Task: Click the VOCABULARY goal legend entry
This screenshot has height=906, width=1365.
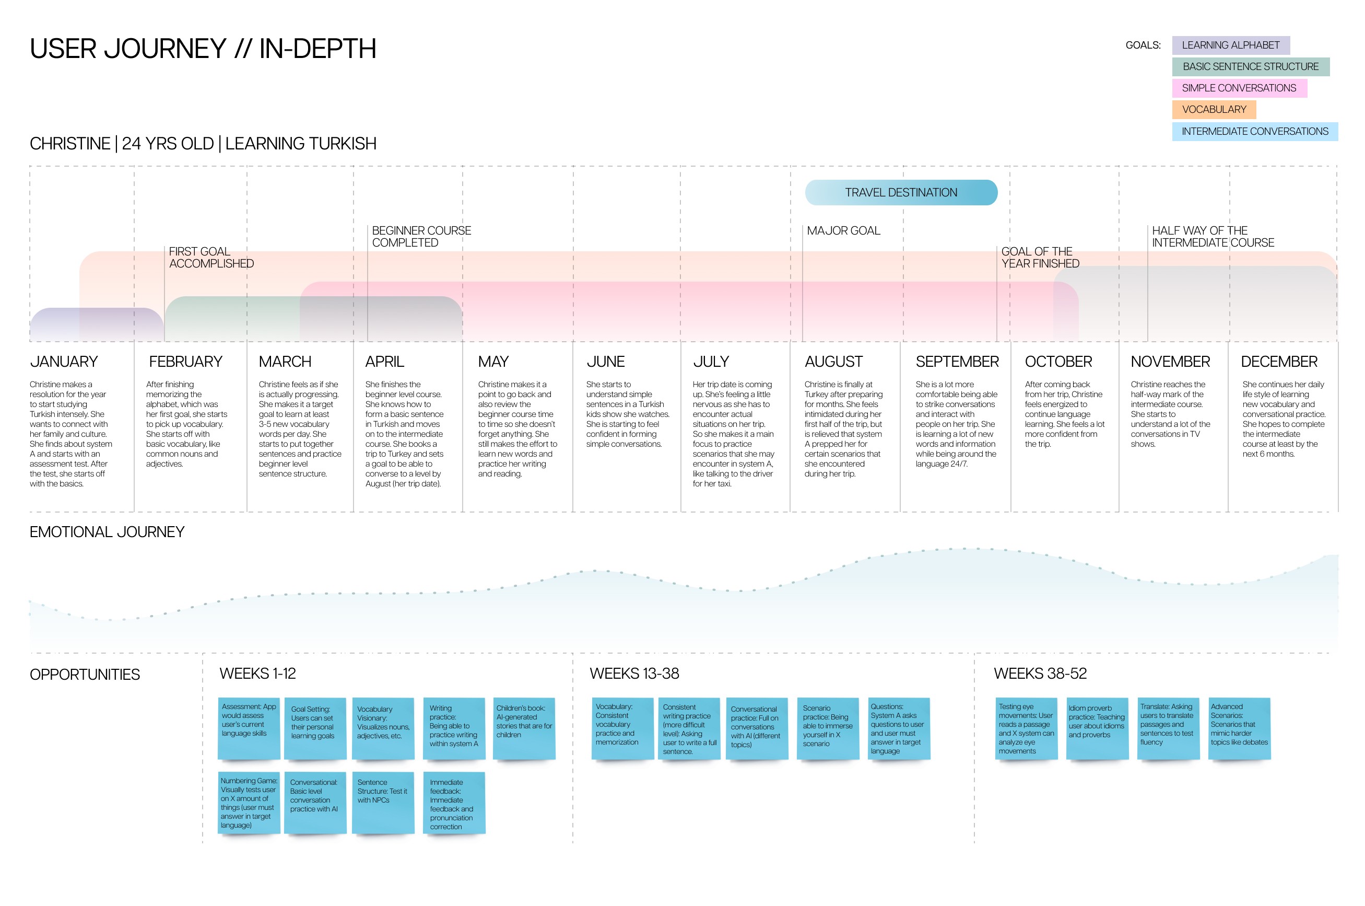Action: [x=1213, y=110]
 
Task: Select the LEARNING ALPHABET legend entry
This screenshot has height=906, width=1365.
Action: [x=1230, y=45]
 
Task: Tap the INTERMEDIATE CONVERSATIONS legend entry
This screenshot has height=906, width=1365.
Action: [x=1254, y=132]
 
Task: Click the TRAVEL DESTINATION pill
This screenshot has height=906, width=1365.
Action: [x=901, y=192]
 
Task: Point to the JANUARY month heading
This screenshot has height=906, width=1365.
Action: [x=64, y=362]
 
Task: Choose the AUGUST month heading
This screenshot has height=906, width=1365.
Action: [x=833, y=362]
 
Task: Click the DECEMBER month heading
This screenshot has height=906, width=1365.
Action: [x=1278, y=362]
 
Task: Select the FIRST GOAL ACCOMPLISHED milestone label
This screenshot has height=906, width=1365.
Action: [x=211, y=258]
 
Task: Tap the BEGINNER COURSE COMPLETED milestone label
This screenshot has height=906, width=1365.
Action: [x=421, y=237]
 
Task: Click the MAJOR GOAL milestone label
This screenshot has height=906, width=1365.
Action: [x=843, y=231]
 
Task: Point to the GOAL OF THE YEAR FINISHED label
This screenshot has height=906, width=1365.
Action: [x=1039, y=258]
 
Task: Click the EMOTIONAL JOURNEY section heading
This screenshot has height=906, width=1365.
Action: [x=107, y=531]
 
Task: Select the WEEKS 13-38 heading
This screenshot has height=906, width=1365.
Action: [x=634, y=673]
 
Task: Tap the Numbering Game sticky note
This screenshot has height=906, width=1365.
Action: [x=248, y=803]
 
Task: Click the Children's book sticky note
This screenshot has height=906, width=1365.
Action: [x=524, y=727]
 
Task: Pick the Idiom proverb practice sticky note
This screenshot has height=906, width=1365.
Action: [x=1097, y=727]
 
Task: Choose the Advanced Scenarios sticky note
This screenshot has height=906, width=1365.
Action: [x=1239, y=727]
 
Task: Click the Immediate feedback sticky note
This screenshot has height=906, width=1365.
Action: [x=453, y=803]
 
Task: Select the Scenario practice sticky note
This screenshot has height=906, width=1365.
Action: [x=827, y=727]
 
